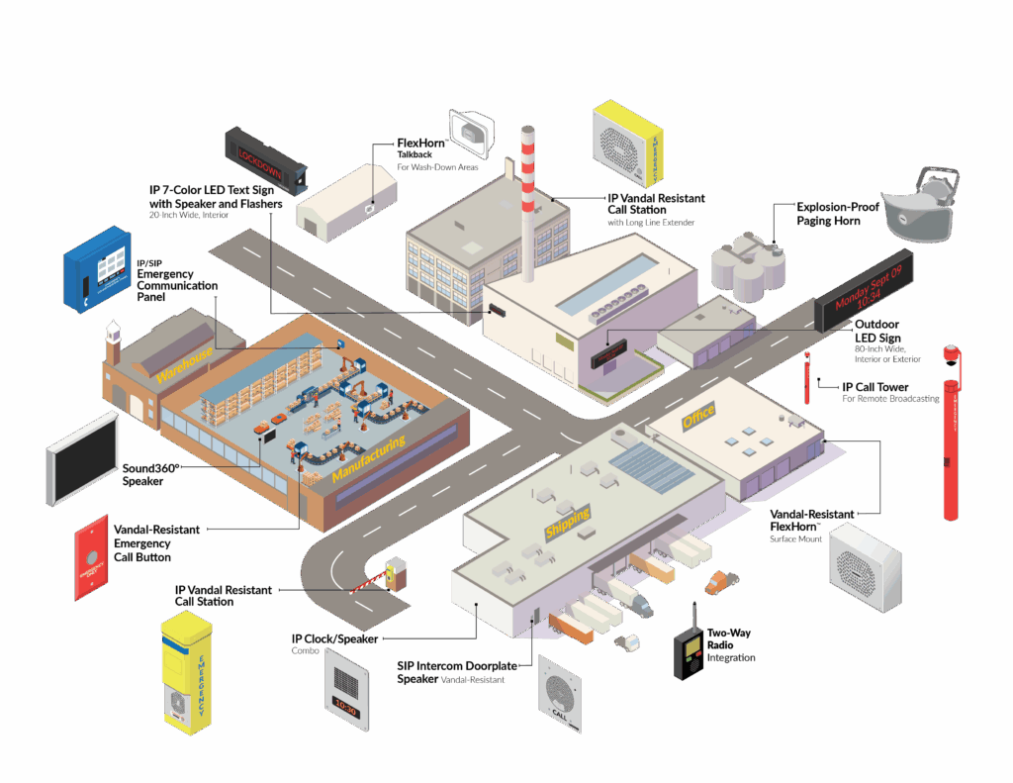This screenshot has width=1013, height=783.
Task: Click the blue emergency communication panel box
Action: (97, 268)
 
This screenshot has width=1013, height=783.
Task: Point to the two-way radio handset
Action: (689, 652)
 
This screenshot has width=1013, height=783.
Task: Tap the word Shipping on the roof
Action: (568, 523)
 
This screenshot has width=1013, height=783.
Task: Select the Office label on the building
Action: (698, 419)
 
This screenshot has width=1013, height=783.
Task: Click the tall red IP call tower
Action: (950, 436)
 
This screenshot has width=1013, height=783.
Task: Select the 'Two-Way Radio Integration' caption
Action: (730, 644)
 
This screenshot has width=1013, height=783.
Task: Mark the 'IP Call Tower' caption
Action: (875, 387)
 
